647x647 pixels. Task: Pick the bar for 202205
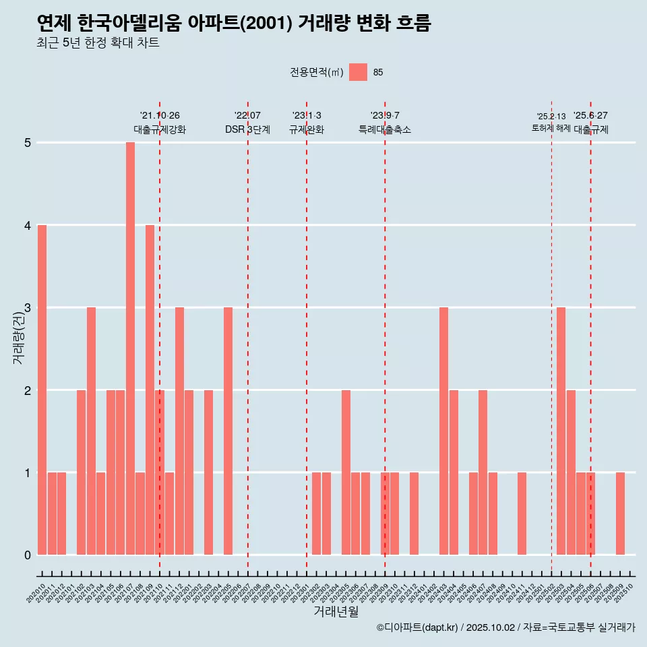(228, 431)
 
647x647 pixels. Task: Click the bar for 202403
(443, 431)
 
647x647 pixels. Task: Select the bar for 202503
(561, 431)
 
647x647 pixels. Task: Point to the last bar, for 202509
(620, 514)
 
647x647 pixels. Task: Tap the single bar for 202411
(522, 514)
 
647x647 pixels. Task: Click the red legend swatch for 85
(358, 72)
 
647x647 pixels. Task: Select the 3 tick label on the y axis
(28, 308)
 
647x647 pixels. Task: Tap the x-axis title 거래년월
(336, 611)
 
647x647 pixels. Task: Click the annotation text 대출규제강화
(160, 129)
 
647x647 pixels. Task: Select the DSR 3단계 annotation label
(247, 129)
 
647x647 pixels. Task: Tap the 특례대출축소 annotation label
(385, 129)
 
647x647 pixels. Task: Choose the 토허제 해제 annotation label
(551, 128)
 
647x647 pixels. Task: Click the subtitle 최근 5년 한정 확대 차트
(98, 43)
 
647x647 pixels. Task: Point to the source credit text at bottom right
(505, 627)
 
